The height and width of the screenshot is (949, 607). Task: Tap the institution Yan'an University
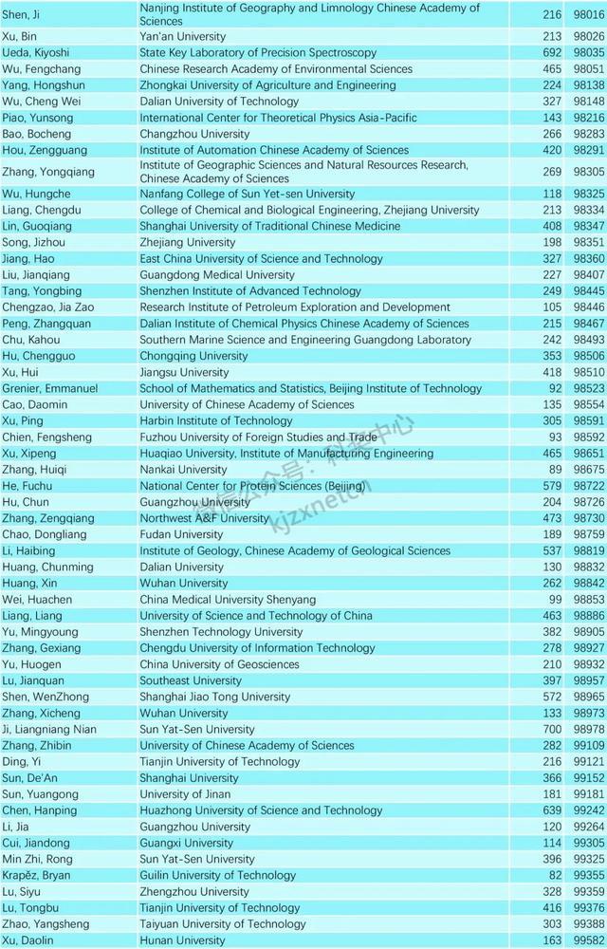183,37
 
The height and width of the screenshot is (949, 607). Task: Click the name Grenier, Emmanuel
49,388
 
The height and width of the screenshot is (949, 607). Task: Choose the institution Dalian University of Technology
219,102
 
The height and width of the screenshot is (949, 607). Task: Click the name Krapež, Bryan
36,875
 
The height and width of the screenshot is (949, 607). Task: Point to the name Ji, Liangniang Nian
48,729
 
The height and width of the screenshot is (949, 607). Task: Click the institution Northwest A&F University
205,518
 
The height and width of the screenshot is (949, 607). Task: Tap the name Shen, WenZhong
42,697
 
